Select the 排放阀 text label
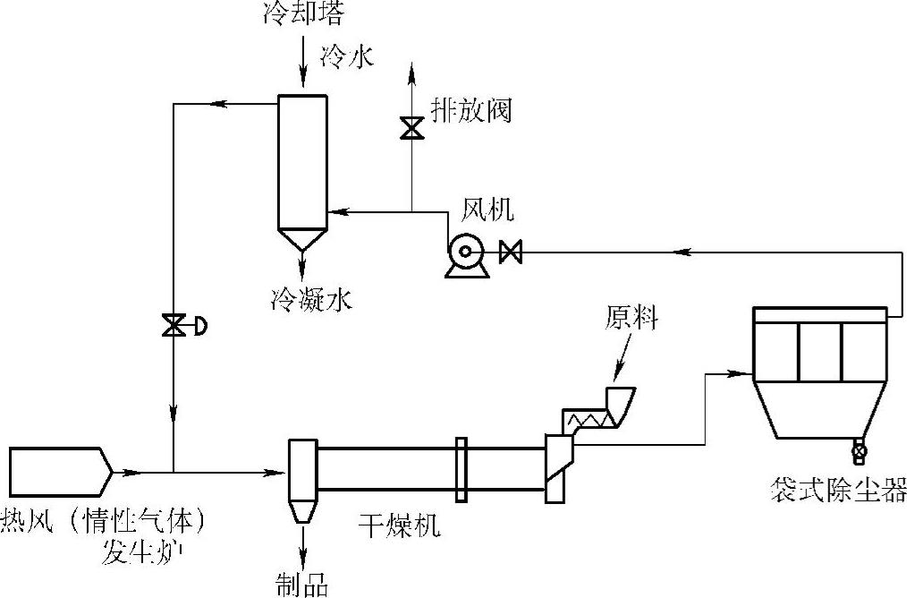pos(470,111)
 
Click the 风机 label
pos(487,209)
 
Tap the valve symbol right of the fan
pos(511,252)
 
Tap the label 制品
pos(301,585)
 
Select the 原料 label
pos(632,318)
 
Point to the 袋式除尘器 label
pos(838,490)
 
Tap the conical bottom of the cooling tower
pos(301,238)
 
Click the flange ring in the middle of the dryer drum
pos(461,469)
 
